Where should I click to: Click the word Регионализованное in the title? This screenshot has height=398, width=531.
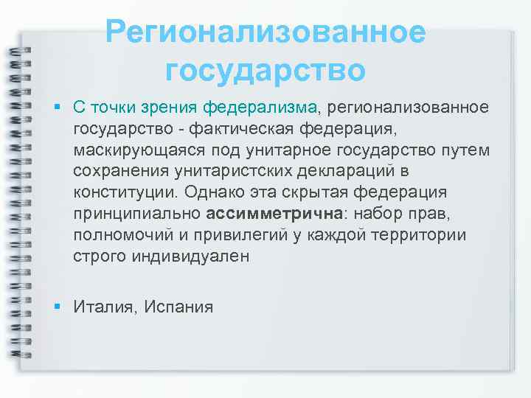coord(265,32)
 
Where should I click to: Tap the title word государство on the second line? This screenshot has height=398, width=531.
coord(265,71)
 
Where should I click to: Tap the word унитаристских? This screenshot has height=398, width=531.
coord(226,172)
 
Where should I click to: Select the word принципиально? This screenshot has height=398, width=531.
coord(136,214)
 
